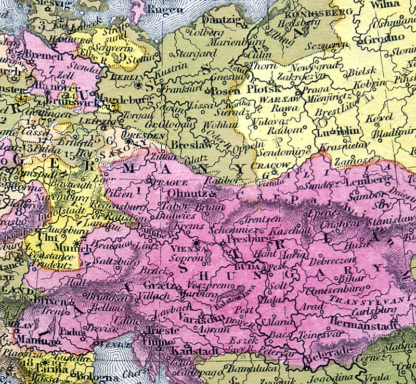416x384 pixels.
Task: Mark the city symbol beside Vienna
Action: pyautogui.click(x=197, y=242)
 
